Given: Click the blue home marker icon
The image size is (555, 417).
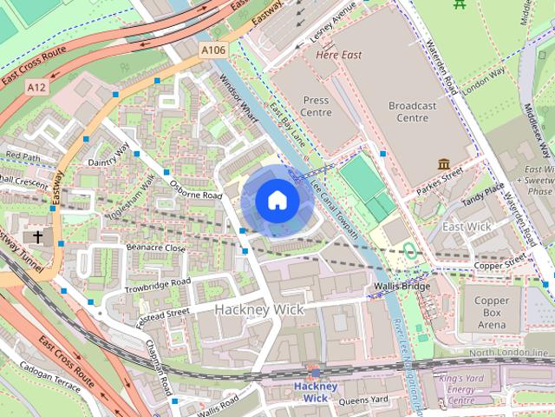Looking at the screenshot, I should pos(277,201).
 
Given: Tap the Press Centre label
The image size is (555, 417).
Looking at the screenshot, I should pos(316,106).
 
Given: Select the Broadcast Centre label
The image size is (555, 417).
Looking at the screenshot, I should pos(420,111).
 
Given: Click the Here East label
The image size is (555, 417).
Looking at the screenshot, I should pos(338,55).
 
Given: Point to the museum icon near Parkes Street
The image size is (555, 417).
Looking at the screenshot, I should pos(444,164).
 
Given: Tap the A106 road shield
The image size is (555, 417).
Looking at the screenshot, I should pos(212,51).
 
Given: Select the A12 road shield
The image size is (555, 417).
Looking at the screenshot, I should pos(36,88).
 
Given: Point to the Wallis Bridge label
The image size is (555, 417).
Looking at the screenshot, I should pos(402,286).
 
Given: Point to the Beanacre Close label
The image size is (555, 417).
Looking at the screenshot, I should pos(157,248).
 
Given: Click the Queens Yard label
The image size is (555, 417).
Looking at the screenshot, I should pos(364,400).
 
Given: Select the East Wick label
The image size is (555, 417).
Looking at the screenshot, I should pos(467,227).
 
